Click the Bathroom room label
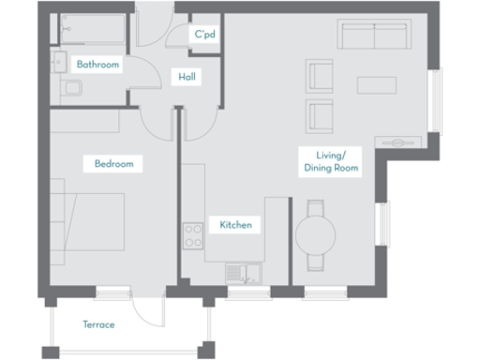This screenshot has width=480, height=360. click(x=98, y=65)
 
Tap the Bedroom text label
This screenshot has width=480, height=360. click(x=113, y=164)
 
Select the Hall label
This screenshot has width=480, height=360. click(x=187, y=77)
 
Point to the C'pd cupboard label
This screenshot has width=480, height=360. click(x=204, y=35)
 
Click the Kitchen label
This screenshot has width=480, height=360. click(x=235, y=225)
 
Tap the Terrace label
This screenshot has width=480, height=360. click(x=97, y=324)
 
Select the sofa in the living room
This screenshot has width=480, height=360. click(x=375, y=38)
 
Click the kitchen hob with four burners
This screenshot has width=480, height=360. click(x=194, y=235)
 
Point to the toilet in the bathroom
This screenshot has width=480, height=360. click(x=70, y=89)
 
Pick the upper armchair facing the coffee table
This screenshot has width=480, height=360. click(x=320, y=75)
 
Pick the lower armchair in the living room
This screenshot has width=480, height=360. click(x=320, y=116)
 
